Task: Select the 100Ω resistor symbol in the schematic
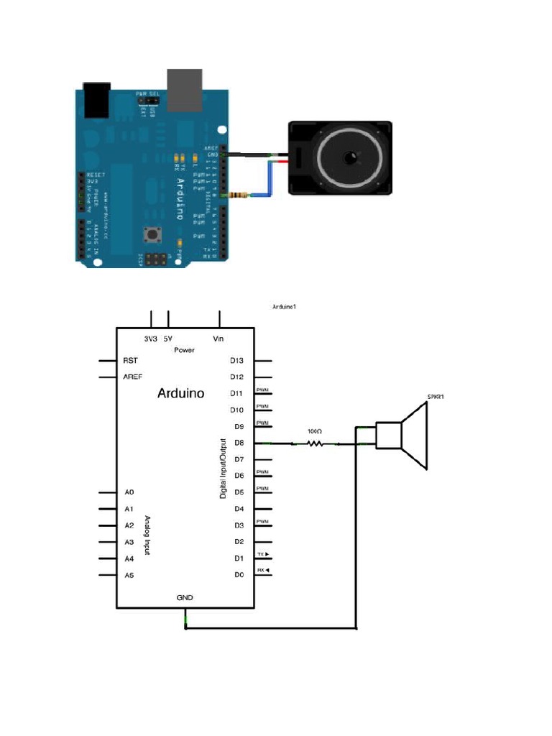pos(314,444)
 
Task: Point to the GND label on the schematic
pos(185,597)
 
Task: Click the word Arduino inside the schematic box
pos(180,394)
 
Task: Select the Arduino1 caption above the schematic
pos(285,307)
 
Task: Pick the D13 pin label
pos(238,361)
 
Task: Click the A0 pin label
pos(130,492)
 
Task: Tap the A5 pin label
pos(130,576)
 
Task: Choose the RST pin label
pos(131,361)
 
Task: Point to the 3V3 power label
pos(151,338)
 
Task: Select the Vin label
pos(219,338)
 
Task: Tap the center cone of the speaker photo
pos(350,159)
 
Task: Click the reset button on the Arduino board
pos(152,234)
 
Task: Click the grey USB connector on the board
pos(184,90)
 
